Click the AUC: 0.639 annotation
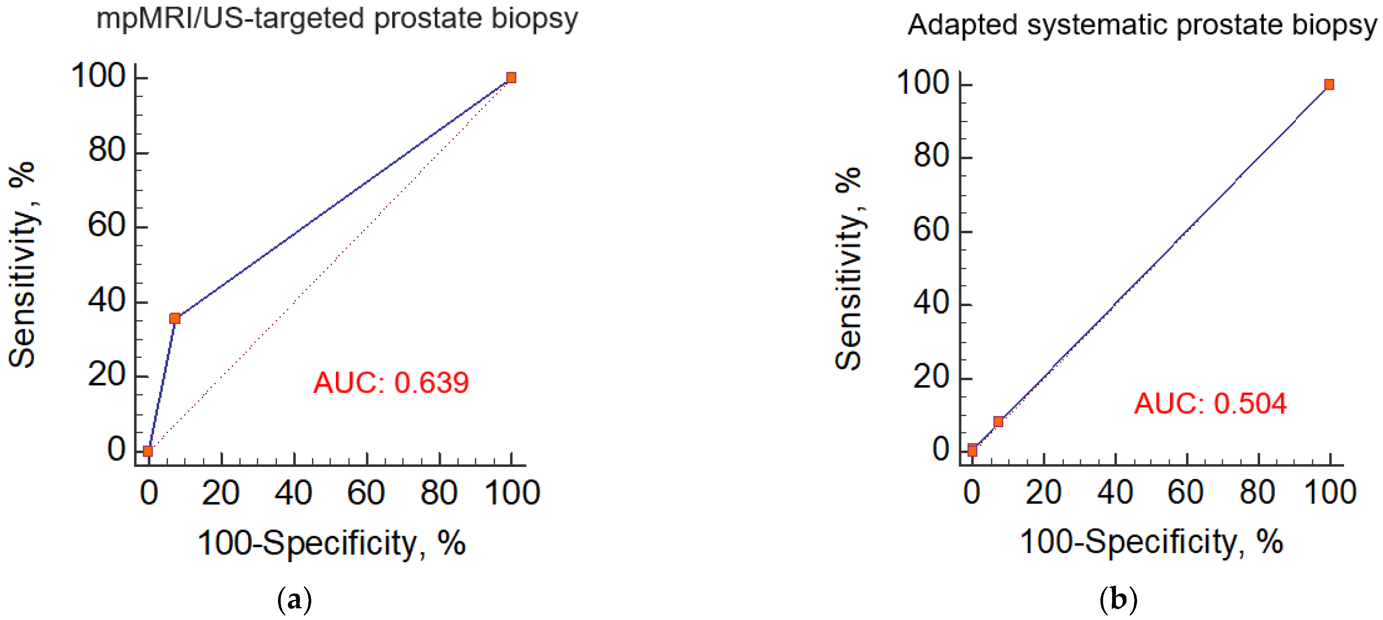(x=391, y=383)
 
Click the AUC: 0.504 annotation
(x=1210, y=404)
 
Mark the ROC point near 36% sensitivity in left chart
(x=175, y=319)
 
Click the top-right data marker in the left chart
(x=511, y=78)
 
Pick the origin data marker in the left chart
(x=148, y=451)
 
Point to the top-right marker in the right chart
(x=1329, y=85)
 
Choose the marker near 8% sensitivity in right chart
(x=998, y=421)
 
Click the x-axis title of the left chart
(x=331, y=543)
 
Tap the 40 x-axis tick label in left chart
(x=293, y=493)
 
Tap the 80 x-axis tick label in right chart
(x=1257, y=492)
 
